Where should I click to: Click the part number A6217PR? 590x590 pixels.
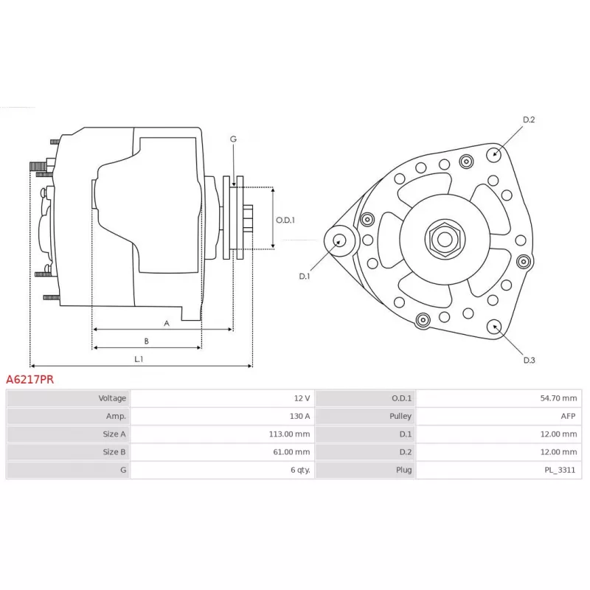[x=29, y=379]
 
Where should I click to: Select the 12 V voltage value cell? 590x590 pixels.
[x=302, y=398]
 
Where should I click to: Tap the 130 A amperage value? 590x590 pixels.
[x=299, y=416]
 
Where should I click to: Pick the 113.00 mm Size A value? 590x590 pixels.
[x=289, y=434]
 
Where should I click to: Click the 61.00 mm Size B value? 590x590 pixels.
[x=291, y=452]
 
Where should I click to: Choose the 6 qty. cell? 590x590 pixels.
[x=300, y=470]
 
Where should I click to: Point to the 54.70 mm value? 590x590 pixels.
[x=558, y=398]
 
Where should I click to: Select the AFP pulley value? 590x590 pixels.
[x=568, y=416]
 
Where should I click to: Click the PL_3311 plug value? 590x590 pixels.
[x=560, y=470]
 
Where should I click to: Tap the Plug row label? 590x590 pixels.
[x=403, y=470]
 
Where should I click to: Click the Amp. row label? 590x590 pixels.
[x=116, y=416]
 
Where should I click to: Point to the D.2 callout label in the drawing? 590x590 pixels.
[x=529, y=119]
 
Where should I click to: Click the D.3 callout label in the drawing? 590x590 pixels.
[x=529, y=360]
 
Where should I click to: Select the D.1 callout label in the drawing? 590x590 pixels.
[x=304, y=276]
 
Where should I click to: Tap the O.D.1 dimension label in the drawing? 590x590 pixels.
[x=285, y=220]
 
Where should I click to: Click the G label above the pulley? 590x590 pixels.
[x=233, y=139]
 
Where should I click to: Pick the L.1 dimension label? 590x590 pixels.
[x=139, y=359]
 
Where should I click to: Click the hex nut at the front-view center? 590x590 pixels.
[x=445, y=239]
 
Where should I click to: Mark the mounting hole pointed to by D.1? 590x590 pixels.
[x=340, y=241]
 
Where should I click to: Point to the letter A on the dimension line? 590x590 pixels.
[x=167, y=323]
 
